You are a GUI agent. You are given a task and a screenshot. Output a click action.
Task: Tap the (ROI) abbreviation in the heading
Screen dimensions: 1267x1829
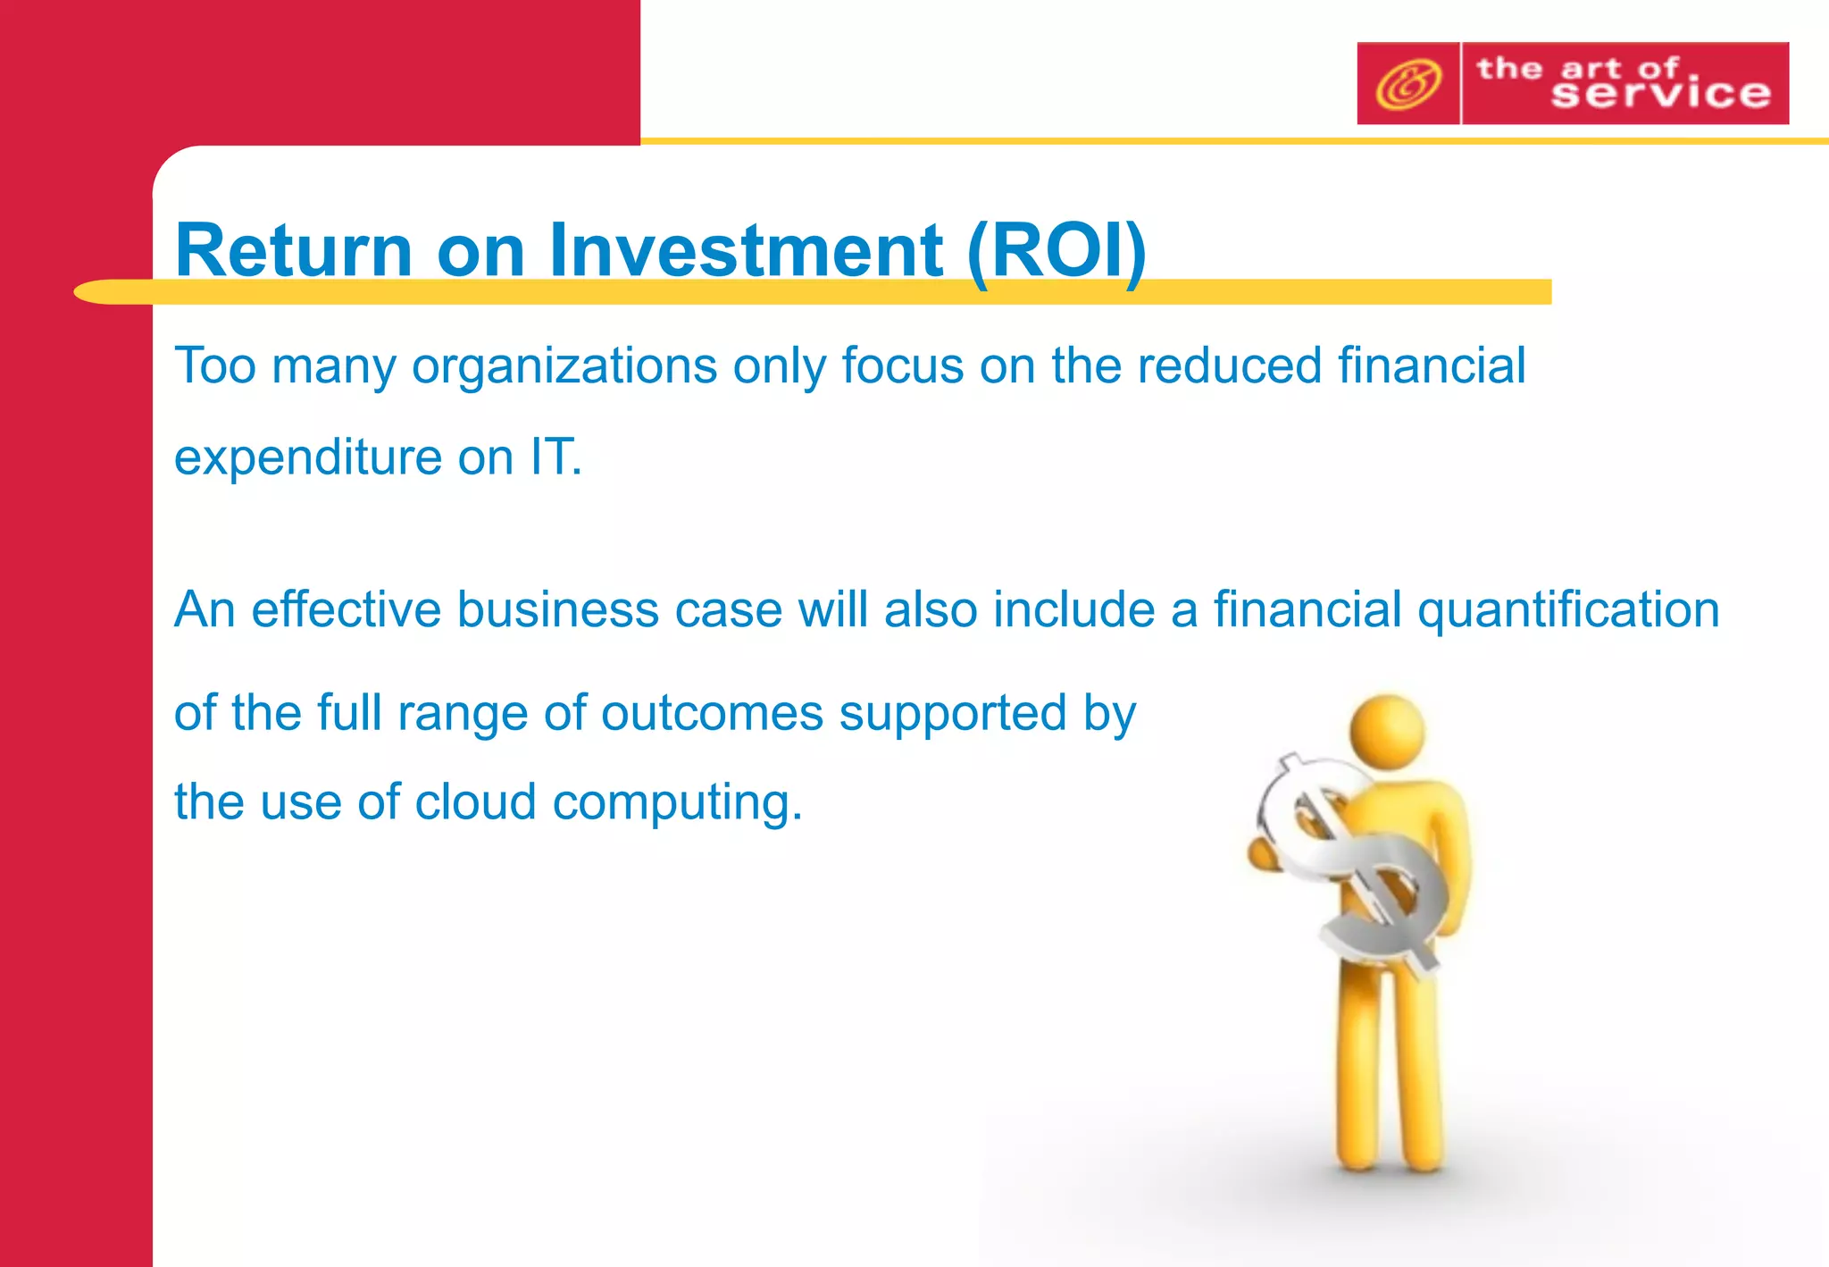pos(1056,252)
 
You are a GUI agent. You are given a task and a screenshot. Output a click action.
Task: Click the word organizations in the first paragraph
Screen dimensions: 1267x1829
pos(564,367)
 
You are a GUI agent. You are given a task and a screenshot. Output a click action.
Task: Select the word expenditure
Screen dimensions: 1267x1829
pos(307,458)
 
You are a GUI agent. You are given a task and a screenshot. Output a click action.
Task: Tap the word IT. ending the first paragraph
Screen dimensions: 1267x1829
pos(555,457)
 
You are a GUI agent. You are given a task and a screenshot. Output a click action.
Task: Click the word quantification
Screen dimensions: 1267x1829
pos(1568,611)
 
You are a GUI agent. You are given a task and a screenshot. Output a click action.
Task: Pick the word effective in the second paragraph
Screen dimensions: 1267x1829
pos(346,610)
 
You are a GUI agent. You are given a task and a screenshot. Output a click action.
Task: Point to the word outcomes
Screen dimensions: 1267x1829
pos(712,714)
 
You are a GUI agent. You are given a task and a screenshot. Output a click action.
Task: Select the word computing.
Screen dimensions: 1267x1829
pos(677,803)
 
